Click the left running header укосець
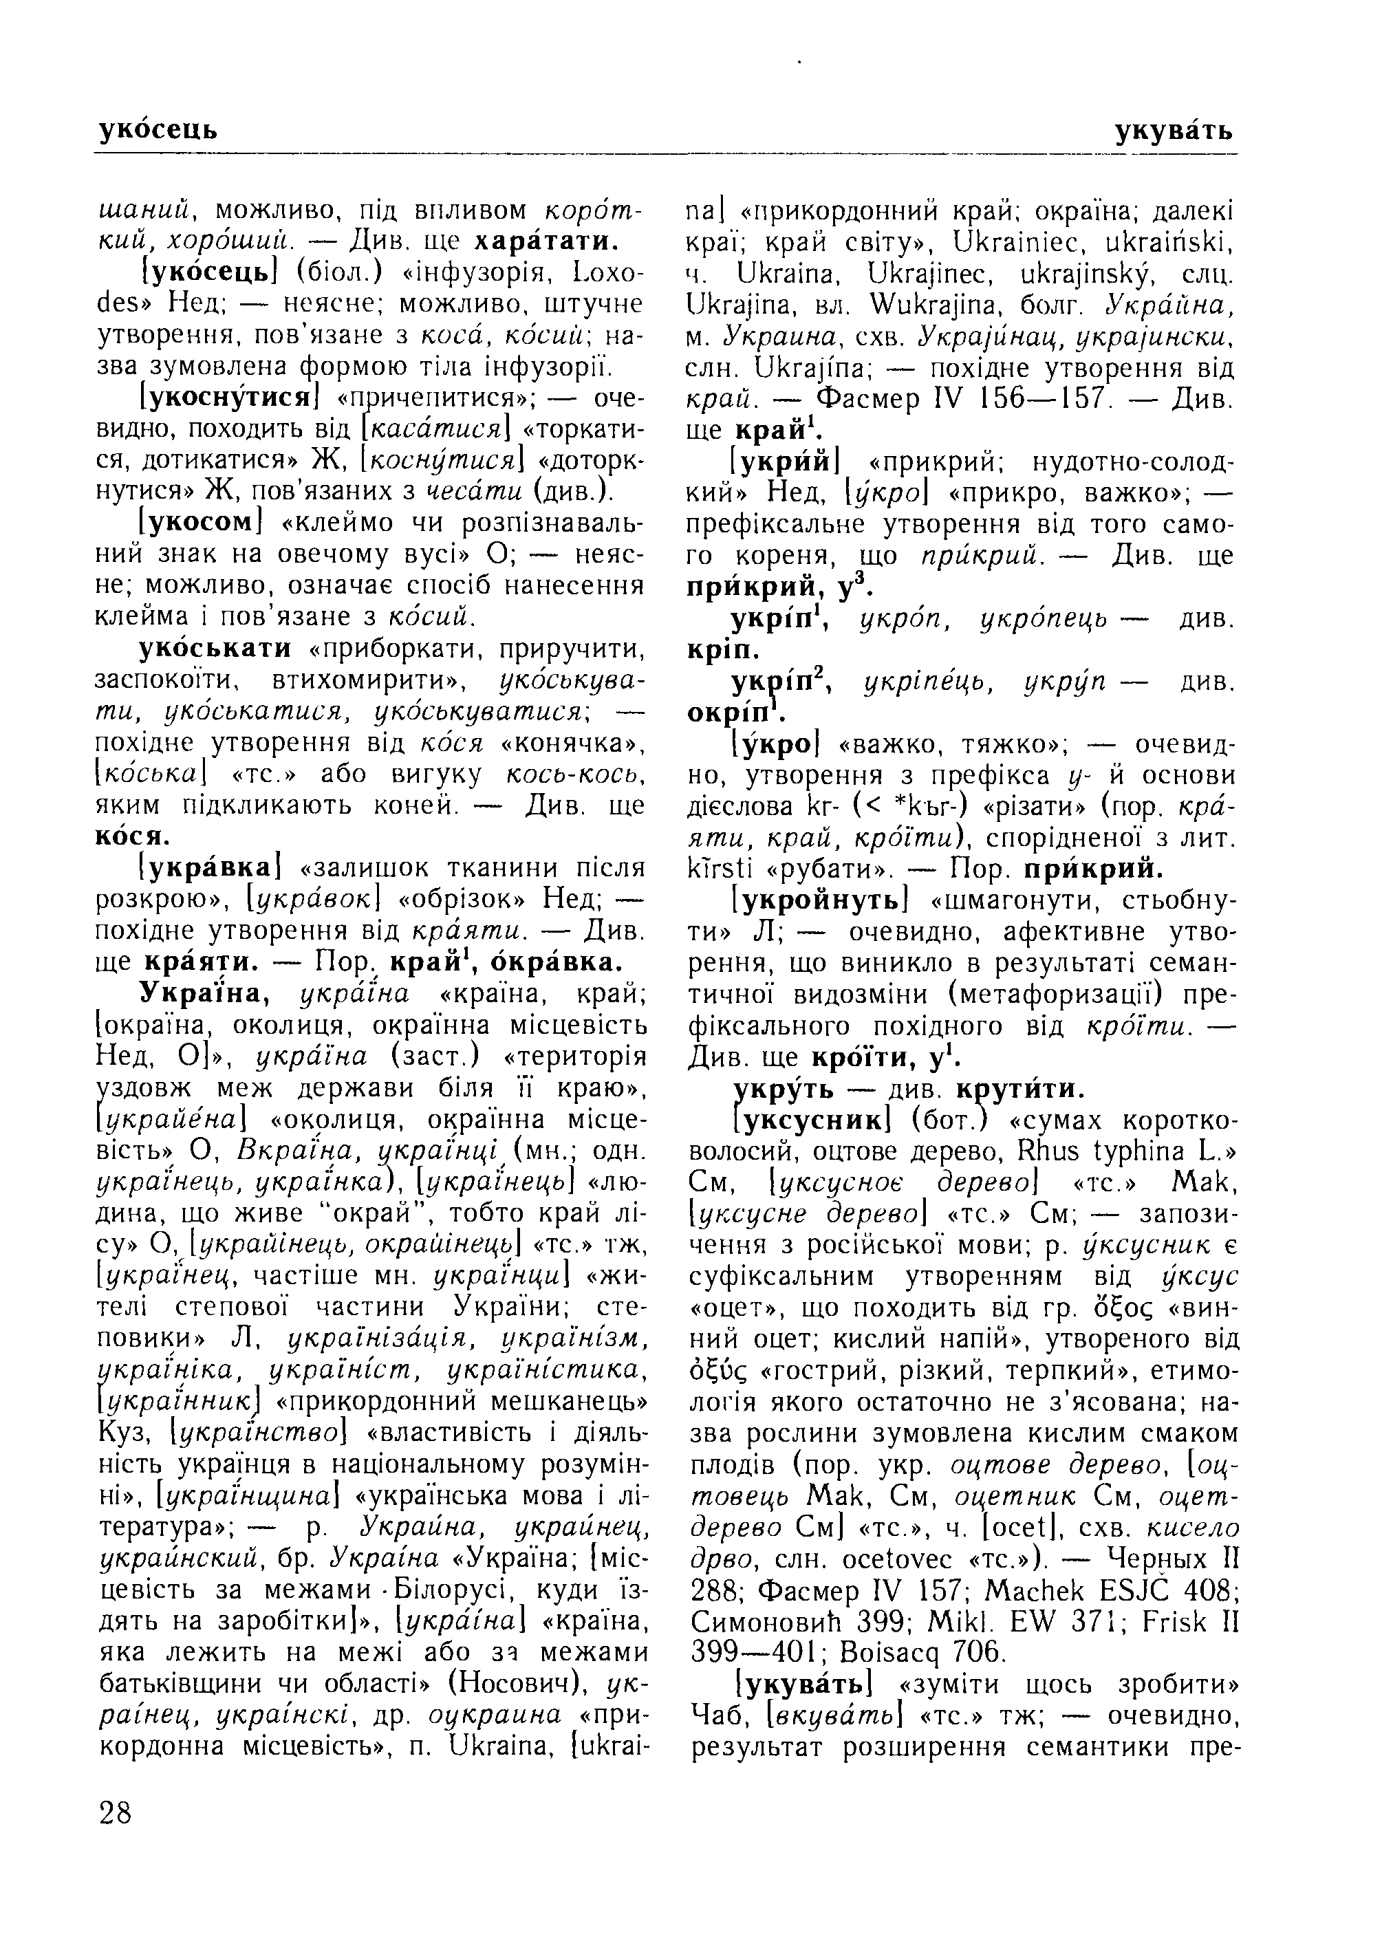click(x=158, y=131)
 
